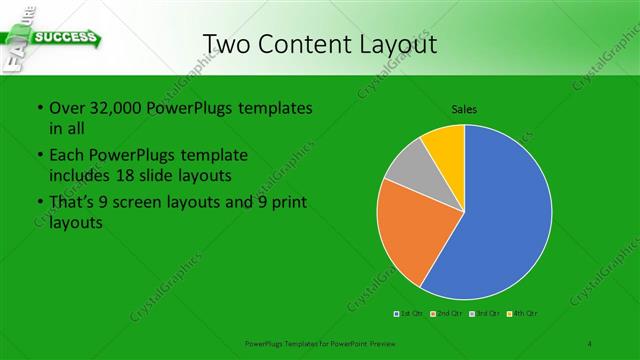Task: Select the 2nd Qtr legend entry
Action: pos(446,315)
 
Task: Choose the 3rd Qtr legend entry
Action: pos(484,315)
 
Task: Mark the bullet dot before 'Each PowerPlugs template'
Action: pos(39,156)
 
